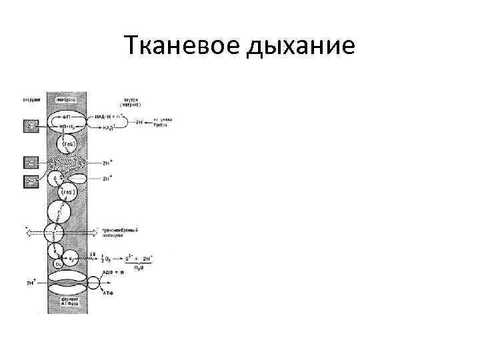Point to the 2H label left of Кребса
point(139,123)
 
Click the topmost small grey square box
point(31,125)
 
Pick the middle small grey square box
point(31,163)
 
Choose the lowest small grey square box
point(31,180)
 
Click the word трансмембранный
point(120,230)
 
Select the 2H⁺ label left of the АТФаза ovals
point(31,283)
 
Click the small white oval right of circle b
point(78,179)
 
